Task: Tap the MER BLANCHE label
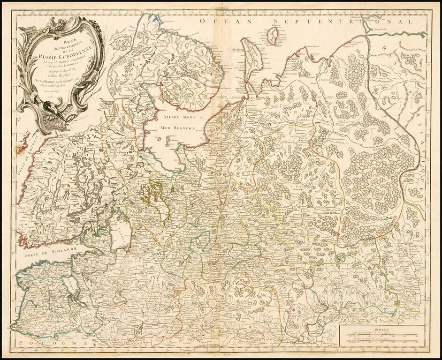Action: [x=176, y=127]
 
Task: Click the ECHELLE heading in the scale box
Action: [x=378, y=330]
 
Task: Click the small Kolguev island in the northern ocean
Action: [x=272, y=36]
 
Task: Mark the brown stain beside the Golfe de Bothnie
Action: [x=20, y=150]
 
